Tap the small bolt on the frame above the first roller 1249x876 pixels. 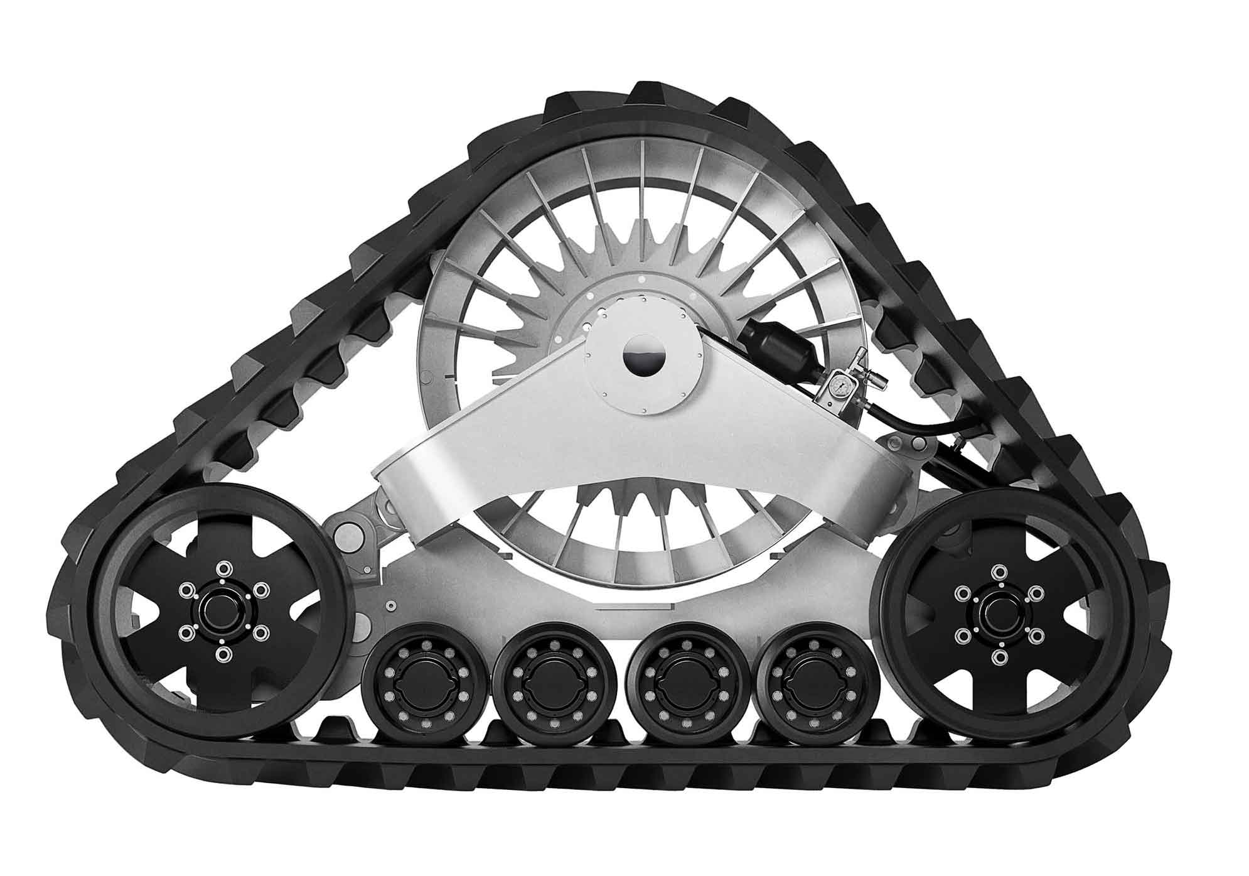[x=391, y=606]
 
